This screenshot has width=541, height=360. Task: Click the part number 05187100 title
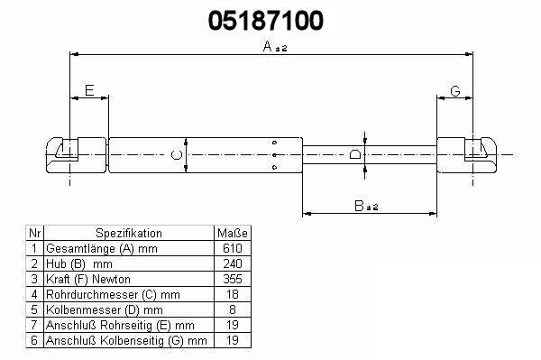click(266, 21)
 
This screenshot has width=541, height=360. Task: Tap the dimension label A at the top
click(268, 46)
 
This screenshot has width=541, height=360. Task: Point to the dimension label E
click(89, 90)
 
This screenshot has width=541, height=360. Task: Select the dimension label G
click(455, 91)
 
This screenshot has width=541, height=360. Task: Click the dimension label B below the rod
click(359, 206)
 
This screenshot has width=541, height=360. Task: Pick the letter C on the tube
click(177, 154)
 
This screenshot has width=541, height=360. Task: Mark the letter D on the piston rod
click(355, 154)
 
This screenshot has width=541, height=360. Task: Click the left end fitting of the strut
click(76, 155)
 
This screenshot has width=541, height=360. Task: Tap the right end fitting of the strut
click(467, 155)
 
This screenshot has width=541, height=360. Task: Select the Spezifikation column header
click(129, 233)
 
